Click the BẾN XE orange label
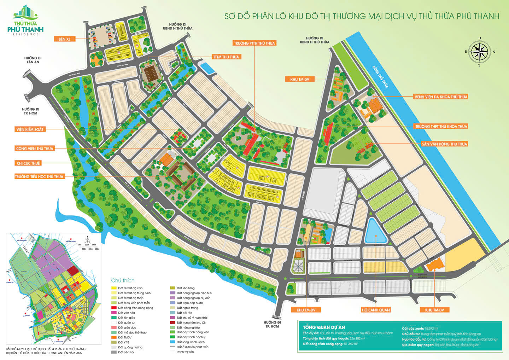64,39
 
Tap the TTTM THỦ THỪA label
226,57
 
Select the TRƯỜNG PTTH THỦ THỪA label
254,43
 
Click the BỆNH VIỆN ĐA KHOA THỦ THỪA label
441,97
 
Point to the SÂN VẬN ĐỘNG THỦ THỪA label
444,144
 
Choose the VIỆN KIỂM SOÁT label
30,129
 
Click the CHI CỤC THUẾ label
28,163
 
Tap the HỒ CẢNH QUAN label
375,310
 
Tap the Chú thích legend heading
123,280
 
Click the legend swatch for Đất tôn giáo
114,318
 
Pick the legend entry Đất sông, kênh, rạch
191,342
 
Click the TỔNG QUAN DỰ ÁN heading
324,327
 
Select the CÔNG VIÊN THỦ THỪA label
35,149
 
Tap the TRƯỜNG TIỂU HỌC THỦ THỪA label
39,176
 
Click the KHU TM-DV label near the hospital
299,80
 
